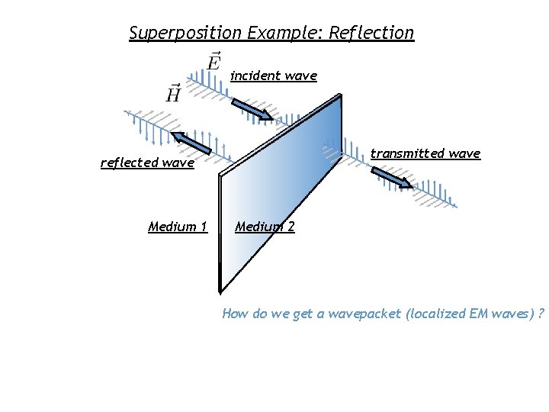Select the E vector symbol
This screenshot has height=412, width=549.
pos(214,60)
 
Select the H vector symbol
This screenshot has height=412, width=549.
pos(174,93)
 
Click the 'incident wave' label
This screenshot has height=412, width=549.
pos(273,76)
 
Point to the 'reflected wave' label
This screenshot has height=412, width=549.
pos(147,163)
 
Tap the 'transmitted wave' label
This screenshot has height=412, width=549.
pos(425,153)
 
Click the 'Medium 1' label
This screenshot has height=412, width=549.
pos(178,227)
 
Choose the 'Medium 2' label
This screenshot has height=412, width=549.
pos(265,227)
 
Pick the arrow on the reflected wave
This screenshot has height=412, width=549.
pos(192,143)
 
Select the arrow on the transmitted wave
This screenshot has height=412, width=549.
pos(390,178)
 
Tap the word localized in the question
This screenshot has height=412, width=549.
pos(433,314)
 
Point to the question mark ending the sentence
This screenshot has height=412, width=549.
pos(540,314)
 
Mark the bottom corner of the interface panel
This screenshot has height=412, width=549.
pos(220,291)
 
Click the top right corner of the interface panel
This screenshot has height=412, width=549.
pos(340,95)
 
